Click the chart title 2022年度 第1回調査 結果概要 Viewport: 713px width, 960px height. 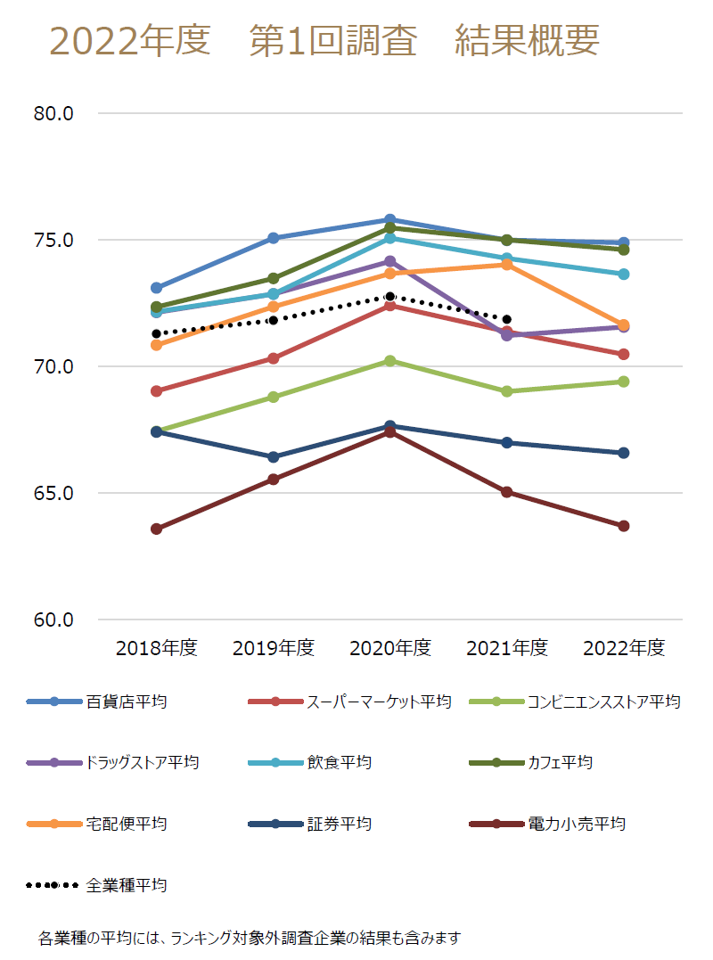click(x=324, y=41)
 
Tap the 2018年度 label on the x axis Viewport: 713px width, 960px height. click(x=156, y=648)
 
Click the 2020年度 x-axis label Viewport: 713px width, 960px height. click(x=390, y=648)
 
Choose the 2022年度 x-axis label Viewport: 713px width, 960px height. click(x=624, y=648)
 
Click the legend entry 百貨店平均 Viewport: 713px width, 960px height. click(x=126, y=702)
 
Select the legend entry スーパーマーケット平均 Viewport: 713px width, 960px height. click(x=379, y=702)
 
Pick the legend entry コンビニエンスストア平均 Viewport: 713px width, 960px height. click(x=603, y=702)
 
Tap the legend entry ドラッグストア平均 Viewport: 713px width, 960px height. click(x=142, y=762)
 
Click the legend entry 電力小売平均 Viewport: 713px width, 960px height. click(x=577, y=824)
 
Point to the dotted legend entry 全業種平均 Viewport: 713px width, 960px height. click(x=126, y=885)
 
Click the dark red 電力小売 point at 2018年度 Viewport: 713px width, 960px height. click(x=156, y=529)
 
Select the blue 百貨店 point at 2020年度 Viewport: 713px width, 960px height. click(x=390, y=219)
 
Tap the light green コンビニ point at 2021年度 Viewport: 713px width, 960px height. click(x=507, y=391)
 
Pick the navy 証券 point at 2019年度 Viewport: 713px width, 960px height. click(x=274, y=457)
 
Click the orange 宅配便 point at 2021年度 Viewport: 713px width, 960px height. click(x=507, y=264)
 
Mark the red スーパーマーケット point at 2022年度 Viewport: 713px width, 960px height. click(x=624, y=354)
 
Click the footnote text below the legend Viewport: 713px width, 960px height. click(x=250, y=938)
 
